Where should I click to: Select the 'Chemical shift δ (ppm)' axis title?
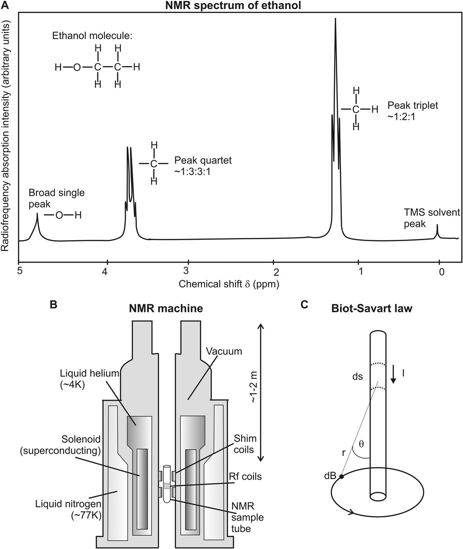[229, 284]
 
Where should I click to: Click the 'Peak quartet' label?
[203, 161]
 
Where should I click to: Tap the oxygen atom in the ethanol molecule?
[77, 68]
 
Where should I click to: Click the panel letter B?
[54, 305]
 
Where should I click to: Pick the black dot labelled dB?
[341, 477]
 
